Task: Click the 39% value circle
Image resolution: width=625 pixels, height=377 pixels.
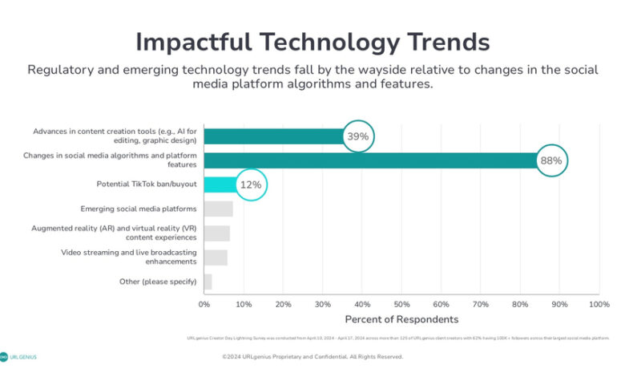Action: coord(357,136)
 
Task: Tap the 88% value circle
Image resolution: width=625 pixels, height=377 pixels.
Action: coord(551,160)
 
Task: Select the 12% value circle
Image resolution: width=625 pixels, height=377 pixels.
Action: coord(251,185)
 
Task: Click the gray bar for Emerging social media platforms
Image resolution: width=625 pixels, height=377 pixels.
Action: coord(218,209)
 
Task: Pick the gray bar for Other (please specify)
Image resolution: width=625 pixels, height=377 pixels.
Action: coord(208,282)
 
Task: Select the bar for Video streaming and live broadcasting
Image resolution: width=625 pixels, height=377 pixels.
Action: coord(216,257)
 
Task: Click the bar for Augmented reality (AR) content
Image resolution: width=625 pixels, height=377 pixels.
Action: coord(216,233)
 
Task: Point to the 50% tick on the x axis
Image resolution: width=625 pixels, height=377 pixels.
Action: coord(401,305)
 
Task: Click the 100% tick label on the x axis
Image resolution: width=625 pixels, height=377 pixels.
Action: coord(599,305)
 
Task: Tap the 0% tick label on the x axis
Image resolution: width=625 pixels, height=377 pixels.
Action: coord(204,305)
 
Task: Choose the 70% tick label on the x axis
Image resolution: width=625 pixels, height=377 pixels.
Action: coord(481,305)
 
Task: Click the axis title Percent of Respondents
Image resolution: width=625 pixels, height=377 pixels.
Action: coord(401,319)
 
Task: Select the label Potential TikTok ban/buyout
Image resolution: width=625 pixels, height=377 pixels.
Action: coord(146,185)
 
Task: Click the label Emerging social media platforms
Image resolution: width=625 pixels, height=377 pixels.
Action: coord(138,209)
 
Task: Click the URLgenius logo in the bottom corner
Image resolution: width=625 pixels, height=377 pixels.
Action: coord(18,357)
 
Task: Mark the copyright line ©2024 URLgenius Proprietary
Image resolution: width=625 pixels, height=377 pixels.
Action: coord(312,357)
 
